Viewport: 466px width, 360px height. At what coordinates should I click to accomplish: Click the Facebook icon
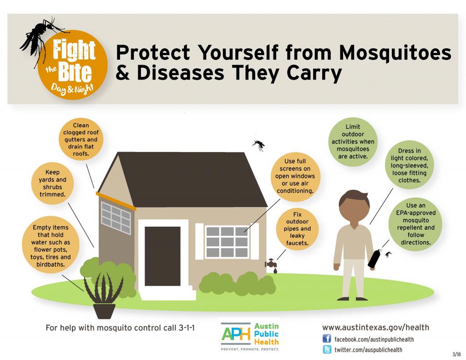(327, 339)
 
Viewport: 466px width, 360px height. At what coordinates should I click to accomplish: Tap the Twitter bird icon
(327, 349)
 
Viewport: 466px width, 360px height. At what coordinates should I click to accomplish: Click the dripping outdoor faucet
(272, 265)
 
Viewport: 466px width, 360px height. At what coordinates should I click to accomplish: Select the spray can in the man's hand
(374, 259)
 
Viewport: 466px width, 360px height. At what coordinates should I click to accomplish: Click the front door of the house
(162, 256)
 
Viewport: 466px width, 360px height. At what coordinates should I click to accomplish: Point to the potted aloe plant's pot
(104, 311)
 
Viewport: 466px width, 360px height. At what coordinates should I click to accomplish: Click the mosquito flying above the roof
(258, 145)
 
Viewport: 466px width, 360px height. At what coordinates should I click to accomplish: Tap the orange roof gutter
(116, 201)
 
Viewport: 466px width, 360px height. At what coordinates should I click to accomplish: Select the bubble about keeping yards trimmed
(52, 183)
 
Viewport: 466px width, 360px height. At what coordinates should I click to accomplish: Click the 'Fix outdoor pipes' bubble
(297, 228)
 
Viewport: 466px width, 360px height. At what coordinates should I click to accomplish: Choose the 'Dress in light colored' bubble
(409, 165)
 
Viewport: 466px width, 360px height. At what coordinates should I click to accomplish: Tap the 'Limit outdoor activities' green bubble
(353, 142)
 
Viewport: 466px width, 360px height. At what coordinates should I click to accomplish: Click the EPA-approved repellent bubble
(415, 224)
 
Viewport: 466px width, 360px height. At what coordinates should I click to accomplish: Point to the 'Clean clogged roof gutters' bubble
(81, 139)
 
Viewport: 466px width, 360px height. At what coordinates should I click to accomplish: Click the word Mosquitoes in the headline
(395, 53)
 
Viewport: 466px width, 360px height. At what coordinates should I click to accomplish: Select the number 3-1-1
(187, 328)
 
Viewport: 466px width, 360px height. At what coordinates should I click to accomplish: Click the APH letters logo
(236, 334)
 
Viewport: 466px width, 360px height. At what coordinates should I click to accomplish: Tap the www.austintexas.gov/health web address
(375, 328)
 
